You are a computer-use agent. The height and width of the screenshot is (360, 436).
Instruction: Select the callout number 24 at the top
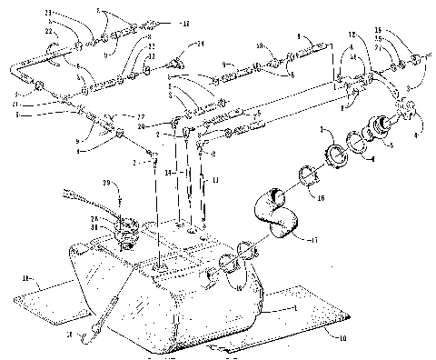pos(202,44)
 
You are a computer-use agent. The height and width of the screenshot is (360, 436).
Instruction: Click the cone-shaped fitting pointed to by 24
pos(178,61)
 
